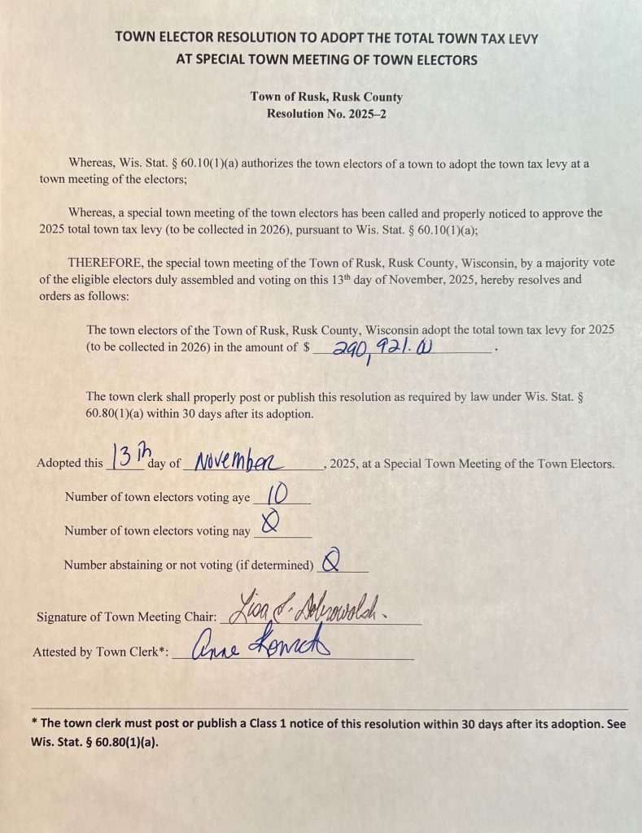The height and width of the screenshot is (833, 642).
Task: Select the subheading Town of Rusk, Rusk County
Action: (326, 97)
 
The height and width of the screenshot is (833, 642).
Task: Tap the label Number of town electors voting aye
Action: (157, 497)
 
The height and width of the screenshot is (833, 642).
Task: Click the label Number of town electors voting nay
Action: (157, 530)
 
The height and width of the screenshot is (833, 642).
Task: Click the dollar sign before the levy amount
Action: (306, 347)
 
